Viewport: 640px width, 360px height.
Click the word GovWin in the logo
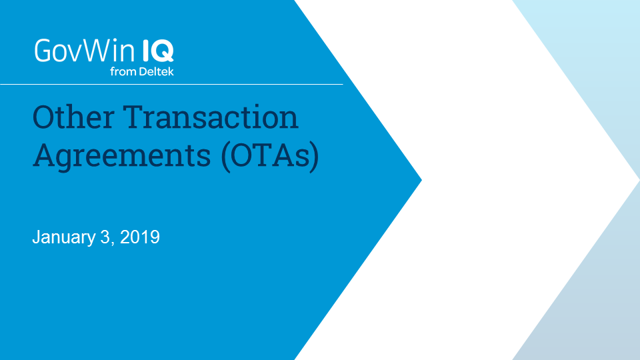(x=85, y=51)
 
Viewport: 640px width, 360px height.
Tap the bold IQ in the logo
(x=158, y=51)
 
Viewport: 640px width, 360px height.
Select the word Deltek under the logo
(x=156, y=71)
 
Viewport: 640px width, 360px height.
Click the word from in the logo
(x=123, y=72)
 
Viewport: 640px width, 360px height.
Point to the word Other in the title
(x=73, y=117)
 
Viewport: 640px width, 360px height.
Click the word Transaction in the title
(x=211, y=117)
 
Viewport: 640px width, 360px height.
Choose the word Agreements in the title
(x=121, y=157)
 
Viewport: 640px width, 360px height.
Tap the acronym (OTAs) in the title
(x=270, y=156)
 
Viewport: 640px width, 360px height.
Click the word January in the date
(x=64, y=237)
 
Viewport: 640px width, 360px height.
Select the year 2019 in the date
(x=140, y=237)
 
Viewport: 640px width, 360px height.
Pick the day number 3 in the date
(x=105, y=237)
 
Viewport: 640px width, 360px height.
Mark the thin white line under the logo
(x=171, y=85)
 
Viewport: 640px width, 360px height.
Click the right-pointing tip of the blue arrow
(x=421, y=179)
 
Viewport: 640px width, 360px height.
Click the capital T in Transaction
(x=134, y=117)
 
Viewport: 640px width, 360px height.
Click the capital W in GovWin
(x=98, y=51)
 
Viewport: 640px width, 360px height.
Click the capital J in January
(x=36, y=237)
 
